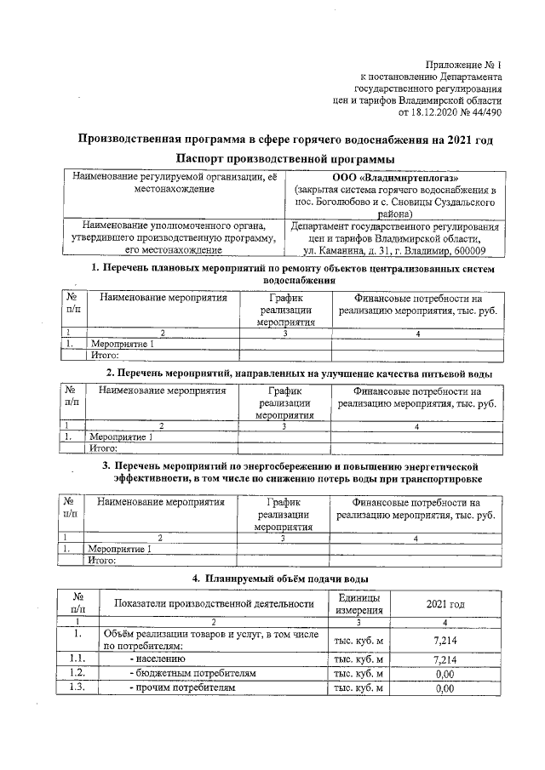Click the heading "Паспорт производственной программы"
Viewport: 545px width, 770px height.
tap(285, 159)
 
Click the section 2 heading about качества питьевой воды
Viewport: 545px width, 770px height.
tap(299, 374)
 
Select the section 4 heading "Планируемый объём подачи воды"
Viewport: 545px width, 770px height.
tap(280, 579)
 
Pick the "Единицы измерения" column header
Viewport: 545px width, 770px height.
tap(359, 605)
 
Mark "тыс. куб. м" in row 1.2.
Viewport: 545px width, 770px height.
tap(359, 673)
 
